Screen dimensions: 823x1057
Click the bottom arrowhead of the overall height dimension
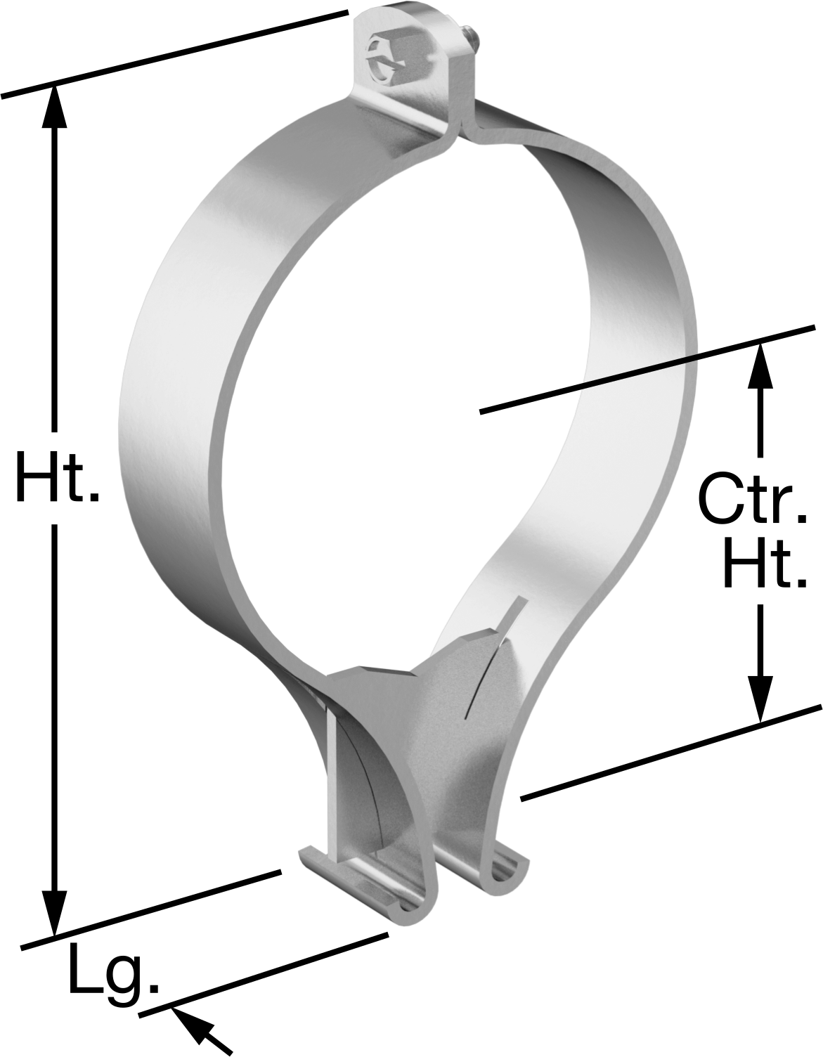pyautogui.click(x=55, y=914)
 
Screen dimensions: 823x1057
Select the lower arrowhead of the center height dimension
pyautogui.click(x=760, y=701)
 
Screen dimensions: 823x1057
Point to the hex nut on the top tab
pyautogui.click(x=390, y=57)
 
